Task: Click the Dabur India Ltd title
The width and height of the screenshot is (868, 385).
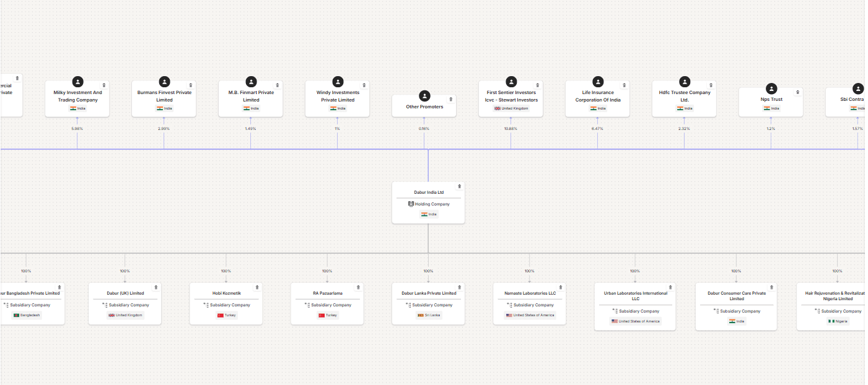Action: pos(428,192)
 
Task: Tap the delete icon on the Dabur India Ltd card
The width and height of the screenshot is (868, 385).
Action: pos(459,186)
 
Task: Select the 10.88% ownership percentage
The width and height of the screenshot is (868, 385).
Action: pos(511,129)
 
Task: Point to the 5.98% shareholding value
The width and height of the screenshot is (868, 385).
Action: pos(77,129)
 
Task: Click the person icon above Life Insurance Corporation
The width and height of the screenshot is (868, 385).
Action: pos(598,82)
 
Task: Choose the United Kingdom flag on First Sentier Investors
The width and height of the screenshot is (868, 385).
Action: pos(497,108)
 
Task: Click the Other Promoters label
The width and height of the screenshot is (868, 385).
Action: pos(424,107)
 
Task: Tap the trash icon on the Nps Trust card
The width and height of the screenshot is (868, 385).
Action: pos(797,92)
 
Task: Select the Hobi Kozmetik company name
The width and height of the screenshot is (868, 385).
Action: pos(226,293)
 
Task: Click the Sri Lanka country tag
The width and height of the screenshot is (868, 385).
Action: pos(428,315)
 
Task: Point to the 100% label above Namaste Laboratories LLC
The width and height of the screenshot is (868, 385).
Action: pos(529,271)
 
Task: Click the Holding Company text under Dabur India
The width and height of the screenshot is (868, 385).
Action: pos(432,204)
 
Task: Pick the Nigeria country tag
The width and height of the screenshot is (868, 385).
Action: pos(837,321)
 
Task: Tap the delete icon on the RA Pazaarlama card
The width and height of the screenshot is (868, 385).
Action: pos(358,287)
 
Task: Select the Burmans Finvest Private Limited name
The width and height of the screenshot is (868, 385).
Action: pos(164,96)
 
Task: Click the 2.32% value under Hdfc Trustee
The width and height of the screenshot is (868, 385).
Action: pos(684,129)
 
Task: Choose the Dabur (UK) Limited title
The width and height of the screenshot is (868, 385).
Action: pos(125,293)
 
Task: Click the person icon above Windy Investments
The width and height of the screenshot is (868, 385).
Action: pos(338,82)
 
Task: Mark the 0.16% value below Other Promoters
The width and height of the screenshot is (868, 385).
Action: pos(424,129)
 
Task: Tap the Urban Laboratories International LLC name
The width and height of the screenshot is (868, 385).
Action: pos(635,296)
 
